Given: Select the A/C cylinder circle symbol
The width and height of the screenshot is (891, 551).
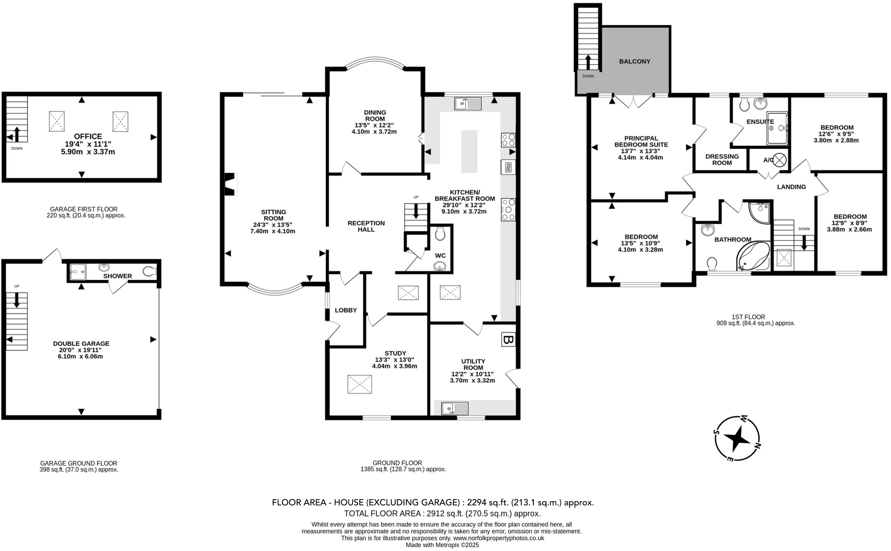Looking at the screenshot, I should (780, 160).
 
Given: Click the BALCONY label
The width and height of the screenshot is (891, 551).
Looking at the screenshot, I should (634, 61).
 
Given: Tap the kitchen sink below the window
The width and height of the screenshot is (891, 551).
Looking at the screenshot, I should (468, 104).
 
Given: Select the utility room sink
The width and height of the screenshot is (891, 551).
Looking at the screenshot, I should (455, 408).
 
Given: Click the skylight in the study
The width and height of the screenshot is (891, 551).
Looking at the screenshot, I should (359, 384).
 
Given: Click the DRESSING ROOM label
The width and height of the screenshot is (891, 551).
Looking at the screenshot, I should (722, 159).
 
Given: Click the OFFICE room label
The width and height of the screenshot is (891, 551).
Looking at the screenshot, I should (88, 136).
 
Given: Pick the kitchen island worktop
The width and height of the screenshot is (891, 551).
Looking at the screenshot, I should (469, 151).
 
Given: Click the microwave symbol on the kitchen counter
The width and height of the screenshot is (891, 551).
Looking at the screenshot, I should (508, 167).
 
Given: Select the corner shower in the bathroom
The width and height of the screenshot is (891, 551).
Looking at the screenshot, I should (760, 212).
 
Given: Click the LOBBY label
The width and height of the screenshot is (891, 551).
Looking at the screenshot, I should (346, 310).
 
